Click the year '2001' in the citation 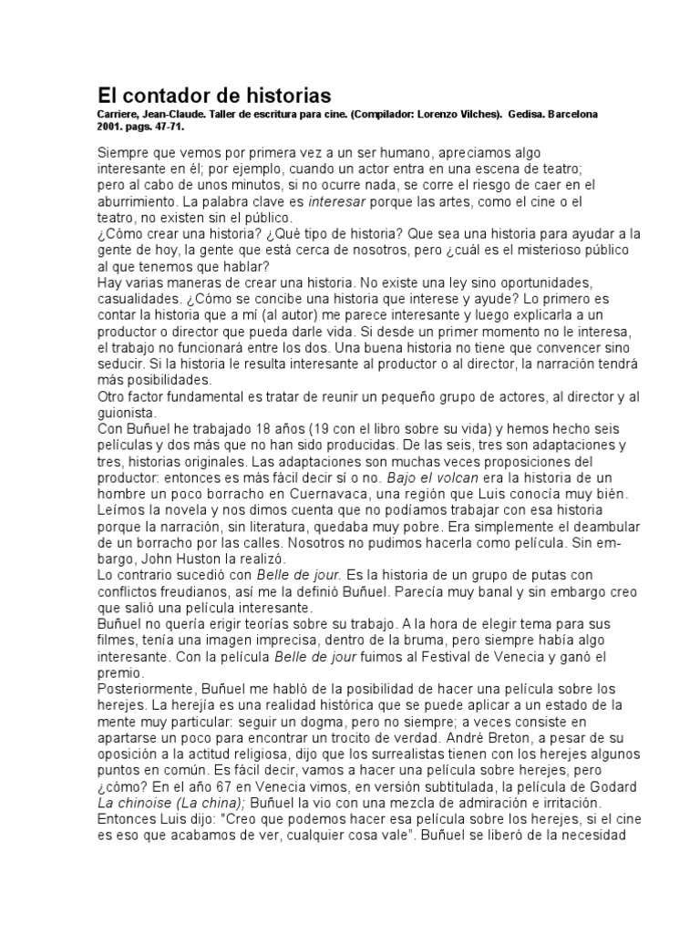(109, 128)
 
